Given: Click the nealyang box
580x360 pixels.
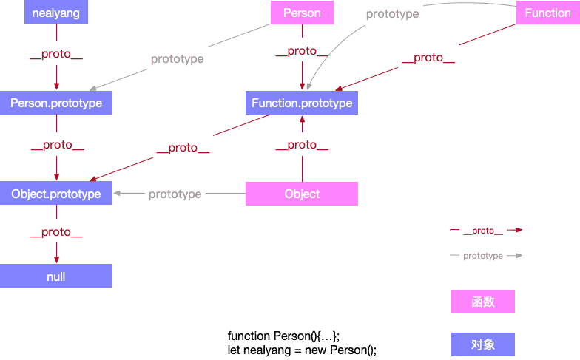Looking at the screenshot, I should click(x=56, y=13).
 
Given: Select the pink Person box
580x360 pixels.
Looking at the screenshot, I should click(x=302, y=13).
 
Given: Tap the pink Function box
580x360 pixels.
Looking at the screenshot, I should click(x=547, y=13).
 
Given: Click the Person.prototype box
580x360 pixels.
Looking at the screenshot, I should click(x=56, y=103).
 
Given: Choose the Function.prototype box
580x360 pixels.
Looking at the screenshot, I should click(x=302, y=103).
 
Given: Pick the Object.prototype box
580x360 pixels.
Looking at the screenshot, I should click(x=56, y=194).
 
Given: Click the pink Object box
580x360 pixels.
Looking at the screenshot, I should click(x=302, y=194).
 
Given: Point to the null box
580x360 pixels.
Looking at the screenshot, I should click(x=56, y=276).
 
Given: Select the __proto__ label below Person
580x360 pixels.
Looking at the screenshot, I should click(x=302, y=51).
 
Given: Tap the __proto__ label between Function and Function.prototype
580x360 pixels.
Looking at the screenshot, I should click(x=428, y=58).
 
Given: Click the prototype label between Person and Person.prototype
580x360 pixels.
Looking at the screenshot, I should click(x=177, y=59).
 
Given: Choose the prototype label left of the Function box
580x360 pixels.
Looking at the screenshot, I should click(x=392, y=13).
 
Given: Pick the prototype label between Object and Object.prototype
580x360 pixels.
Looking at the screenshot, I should click(x=175, y=194).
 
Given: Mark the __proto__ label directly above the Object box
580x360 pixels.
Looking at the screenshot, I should click(x=302, y=145).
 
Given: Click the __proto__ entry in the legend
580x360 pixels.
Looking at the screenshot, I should click(x=483, y=231).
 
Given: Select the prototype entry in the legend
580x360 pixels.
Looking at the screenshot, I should click(x=483, y=256).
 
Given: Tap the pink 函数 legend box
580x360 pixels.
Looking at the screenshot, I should click(x=483, y=302).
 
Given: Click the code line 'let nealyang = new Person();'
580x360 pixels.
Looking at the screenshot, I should click(x=302, y=350).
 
